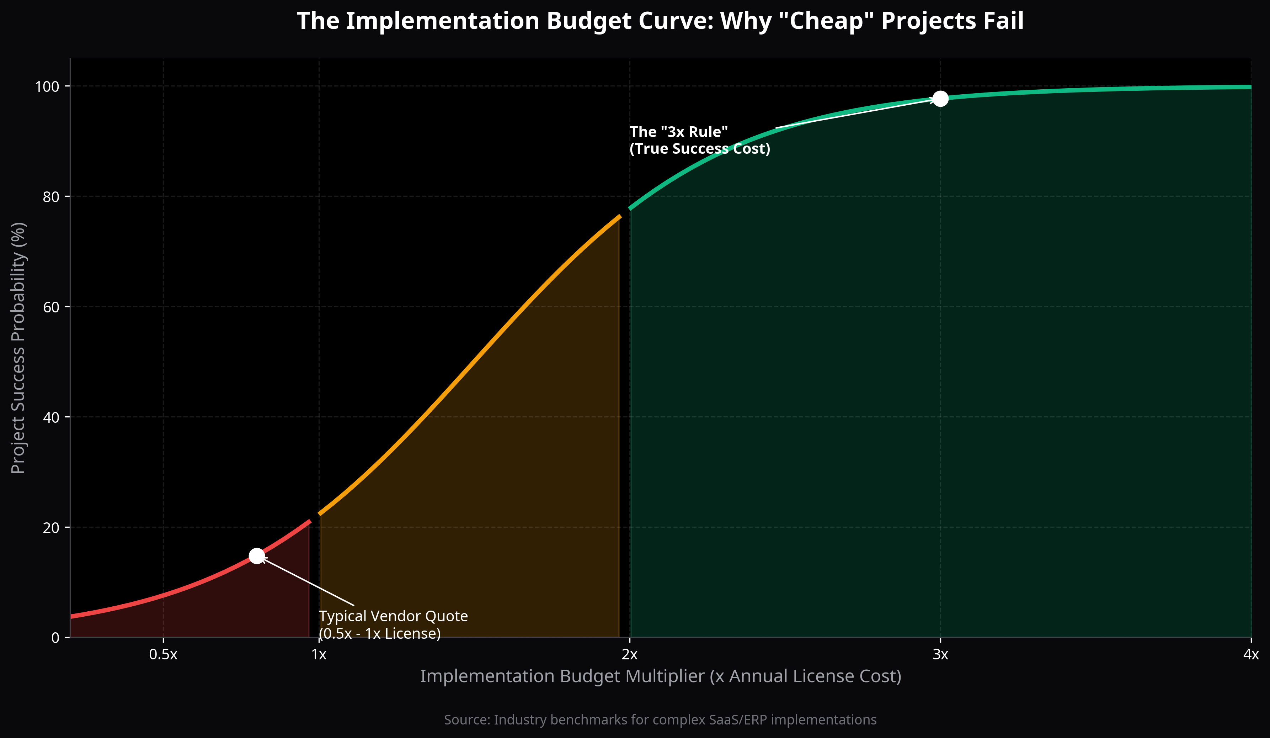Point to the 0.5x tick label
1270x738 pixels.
coord(163,655)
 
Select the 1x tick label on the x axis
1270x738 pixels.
coord(319,655)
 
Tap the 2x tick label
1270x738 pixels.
coord(629,655)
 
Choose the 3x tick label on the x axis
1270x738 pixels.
coord(940,655)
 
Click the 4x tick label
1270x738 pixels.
coord(1250,655)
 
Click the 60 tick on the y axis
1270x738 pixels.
coord(51,307)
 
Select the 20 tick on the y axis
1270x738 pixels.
coord(51,528)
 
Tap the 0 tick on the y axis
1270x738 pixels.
coord(55,638)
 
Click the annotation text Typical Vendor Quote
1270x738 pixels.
coord(393,616)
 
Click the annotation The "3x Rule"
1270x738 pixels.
coord(678,132)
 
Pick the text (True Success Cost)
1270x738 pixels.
coord(699,149)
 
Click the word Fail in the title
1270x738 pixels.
coord(1003,21)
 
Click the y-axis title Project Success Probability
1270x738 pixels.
coord(18,348)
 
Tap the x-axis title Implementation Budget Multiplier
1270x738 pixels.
coord(660,676)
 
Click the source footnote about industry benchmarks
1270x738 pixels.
coord(660,720)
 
